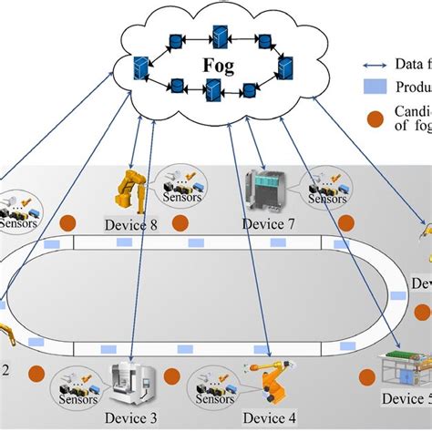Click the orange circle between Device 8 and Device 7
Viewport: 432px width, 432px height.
pos(180,222)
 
